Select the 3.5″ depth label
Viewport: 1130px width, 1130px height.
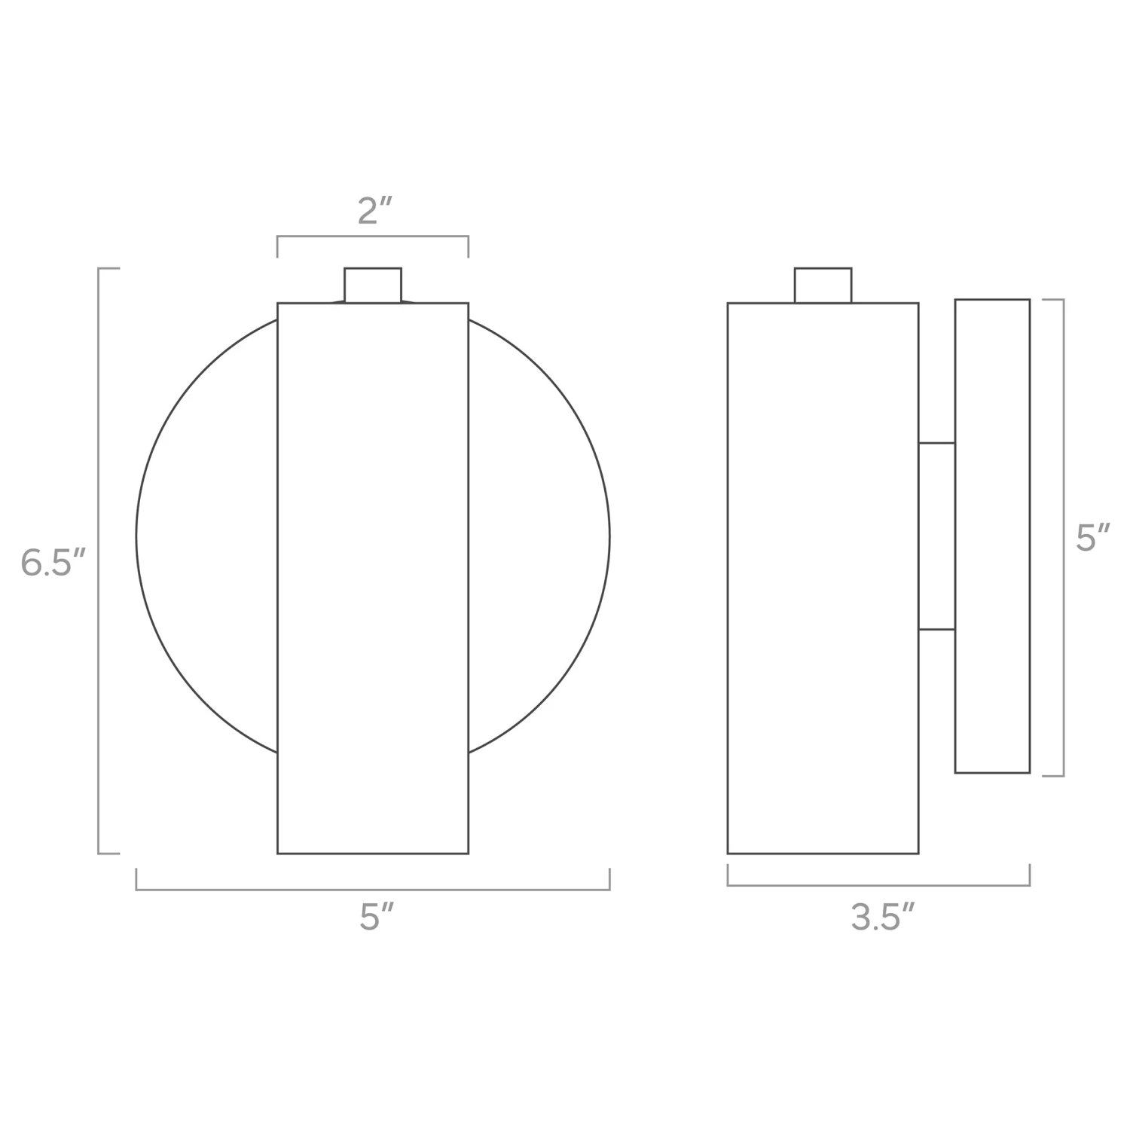click(883, 918)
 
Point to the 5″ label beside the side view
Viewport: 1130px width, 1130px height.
click(1093, 538)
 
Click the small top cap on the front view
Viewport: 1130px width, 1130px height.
click(373, 285)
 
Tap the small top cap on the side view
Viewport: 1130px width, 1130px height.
click(823, 285)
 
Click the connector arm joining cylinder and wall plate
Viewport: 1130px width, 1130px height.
click(936, 536)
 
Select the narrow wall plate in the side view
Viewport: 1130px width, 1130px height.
click(992, 536)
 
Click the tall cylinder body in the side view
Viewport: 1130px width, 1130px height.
click(823, 578)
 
